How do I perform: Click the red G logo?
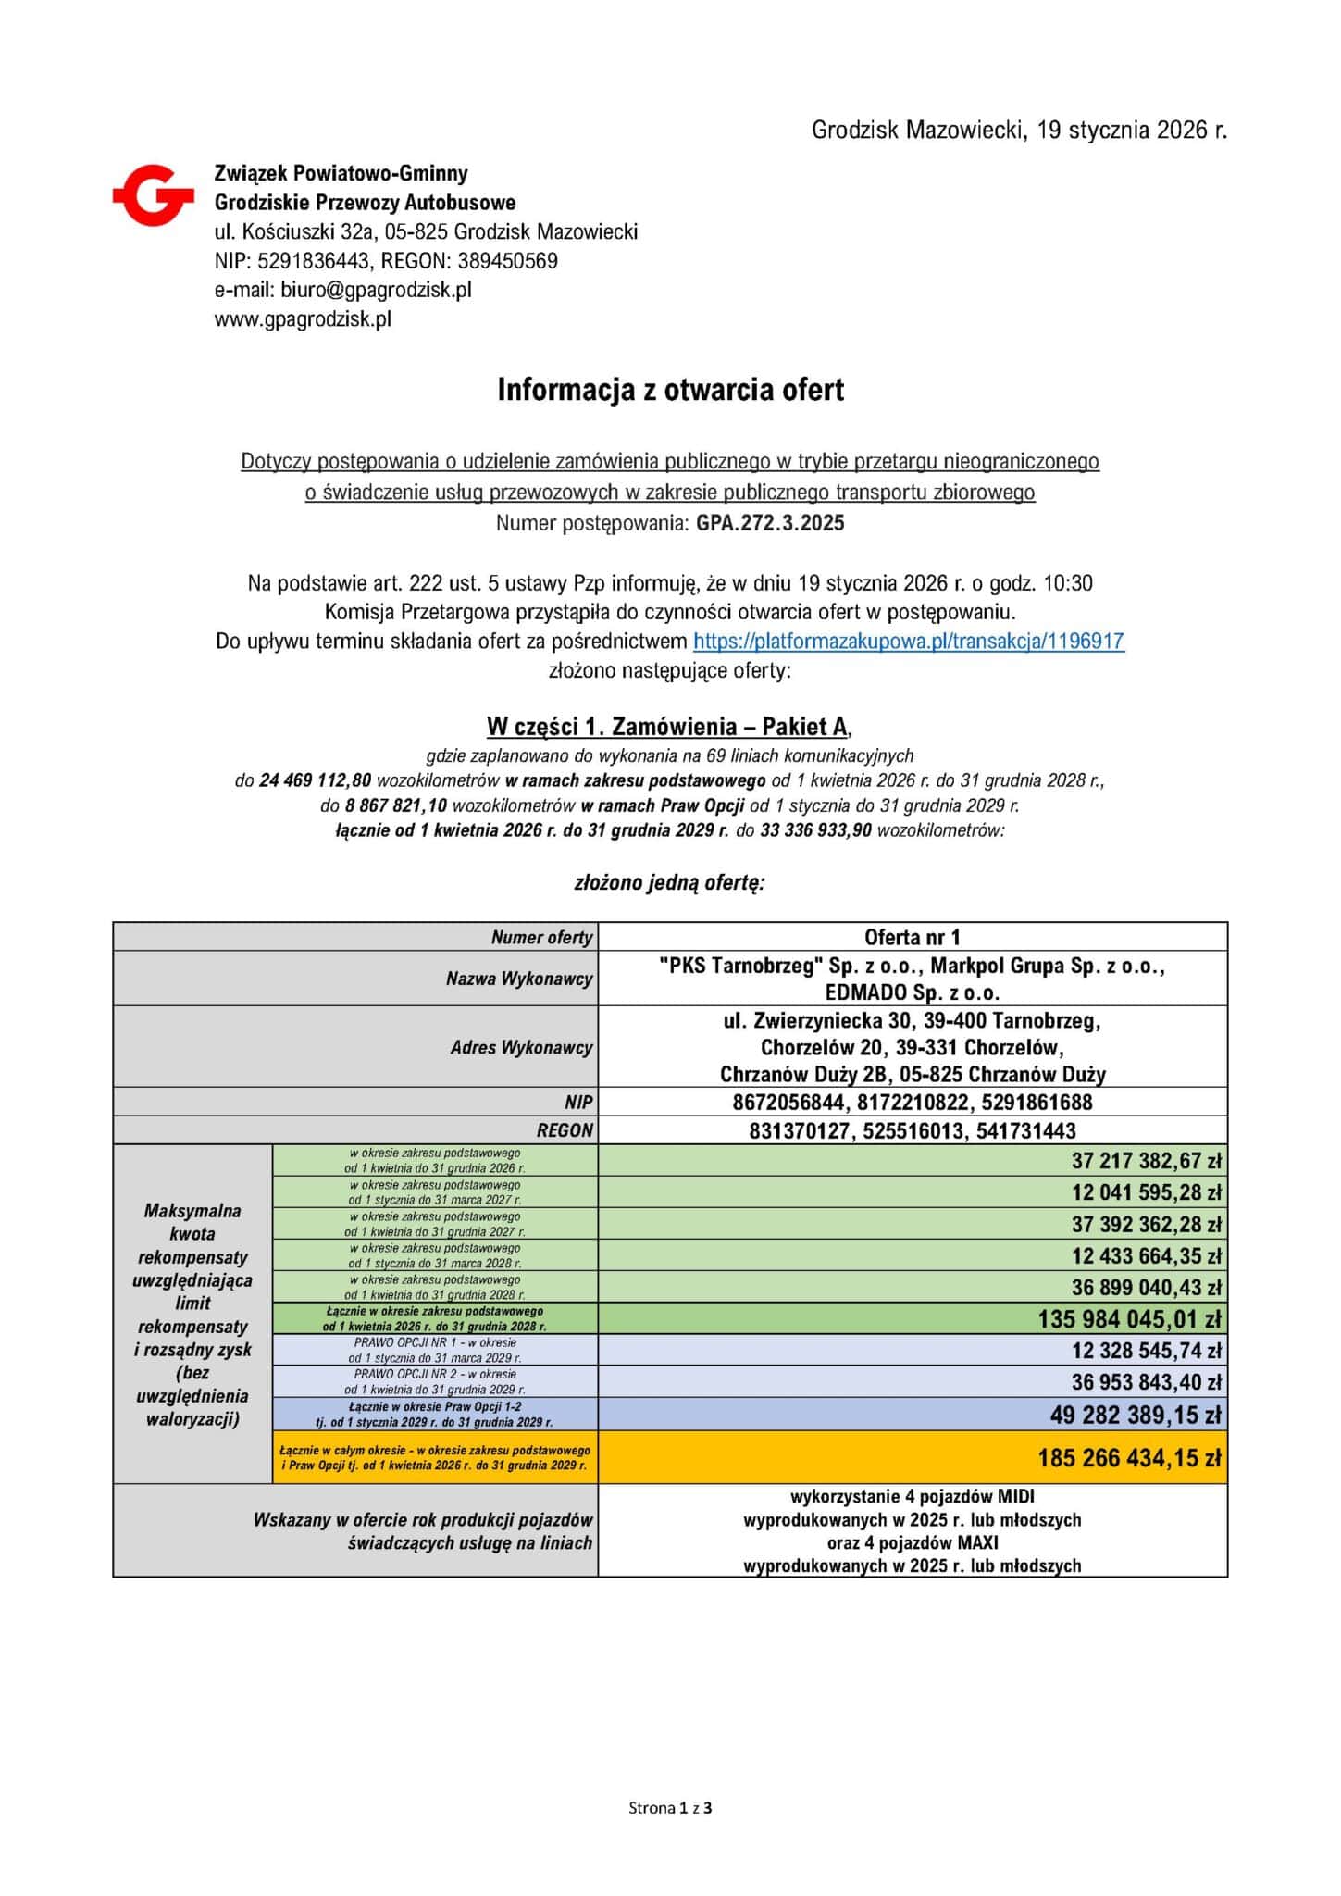[x=153, y=194]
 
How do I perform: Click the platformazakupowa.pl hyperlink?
[x=908, y=641]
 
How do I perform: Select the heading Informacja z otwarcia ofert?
[x=670, y=390]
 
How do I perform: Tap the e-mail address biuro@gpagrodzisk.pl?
[x=376, y=290]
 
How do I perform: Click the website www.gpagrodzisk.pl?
[x=303, y=319]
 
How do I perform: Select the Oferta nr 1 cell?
[x=912, y=937]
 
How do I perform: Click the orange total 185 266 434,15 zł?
[x=1129, y=1458]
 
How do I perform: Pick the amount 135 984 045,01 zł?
[x=1129, y=1319]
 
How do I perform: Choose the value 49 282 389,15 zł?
[x=1136, y=1415]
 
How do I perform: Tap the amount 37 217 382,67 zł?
[x=1147, y=1161]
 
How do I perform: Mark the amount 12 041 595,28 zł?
[x=1147, y=1192]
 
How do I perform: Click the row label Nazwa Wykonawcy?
[x=518, y=979]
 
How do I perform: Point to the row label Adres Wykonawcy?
[x=521, y=1047]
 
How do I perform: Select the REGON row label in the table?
[x=565, y=1130]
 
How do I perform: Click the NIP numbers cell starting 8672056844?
[x=912, y=1102]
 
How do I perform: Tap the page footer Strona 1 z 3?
[x=670, y=1807]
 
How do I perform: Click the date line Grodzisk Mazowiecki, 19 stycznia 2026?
[x=1019, y=131]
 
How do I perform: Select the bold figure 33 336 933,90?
[x=815, y=830]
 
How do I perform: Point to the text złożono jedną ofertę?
[x=669, y=882]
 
